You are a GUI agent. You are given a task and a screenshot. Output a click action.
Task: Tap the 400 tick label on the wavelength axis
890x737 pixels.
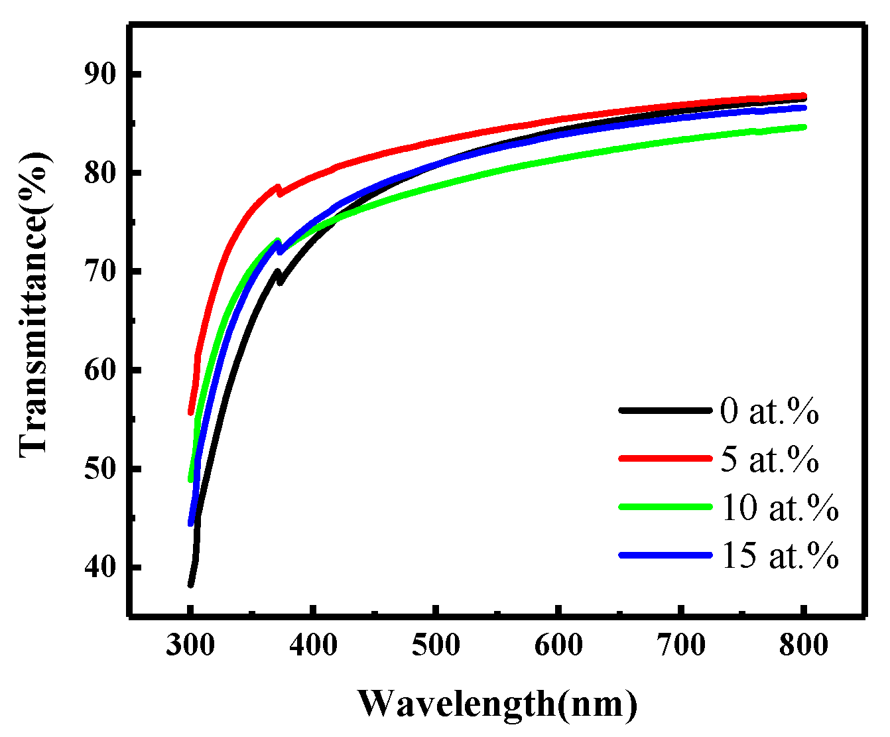pos(312,645)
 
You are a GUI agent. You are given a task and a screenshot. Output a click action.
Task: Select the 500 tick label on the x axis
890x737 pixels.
pos(435,645)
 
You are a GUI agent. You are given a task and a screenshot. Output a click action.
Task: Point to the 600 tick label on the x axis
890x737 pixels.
pos(558,645)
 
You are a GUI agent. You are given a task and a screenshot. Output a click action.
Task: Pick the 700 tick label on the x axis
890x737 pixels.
pos(680,645)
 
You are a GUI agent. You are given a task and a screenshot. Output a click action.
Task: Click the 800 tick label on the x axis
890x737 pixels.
pos(803,645)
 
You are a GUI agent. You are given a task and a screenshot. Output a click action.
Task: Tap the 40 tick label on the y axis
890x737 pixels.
pos(99,568)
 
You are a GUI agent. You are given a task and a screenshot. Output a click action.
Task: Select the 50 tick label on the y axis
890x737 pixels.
pos(99,469)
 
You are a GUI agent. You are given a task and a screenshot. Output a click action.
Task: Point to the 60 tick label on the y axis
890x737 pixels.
pos(99,370)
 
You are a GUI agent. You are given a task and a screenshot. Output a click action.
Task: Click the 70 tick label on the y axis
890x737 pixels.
pos(99,271)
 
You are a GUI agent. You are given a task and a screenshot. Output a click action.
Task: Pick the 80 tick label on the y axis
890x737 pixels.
pos(99,172)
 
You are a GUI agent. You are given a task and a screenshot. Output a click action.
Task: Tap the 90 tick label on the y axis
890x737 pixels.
pos(99,74)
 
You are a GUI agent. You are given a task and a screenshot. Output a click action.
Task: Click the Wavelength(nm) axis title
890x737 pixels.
pos(497,704)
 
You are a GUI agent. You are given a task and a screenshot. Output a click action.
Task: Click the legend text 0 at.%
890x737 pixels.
pos(769,412)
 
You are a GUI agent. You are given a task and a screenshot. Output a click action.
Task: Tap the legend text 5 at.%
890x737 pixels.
pos(769,460)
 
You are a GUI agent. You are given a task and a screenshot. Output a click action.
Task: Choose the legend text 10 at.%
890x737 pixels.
pos(779,508)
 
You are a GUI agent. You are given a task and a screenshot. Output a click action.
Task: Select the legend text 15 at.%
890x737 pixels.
pos(779,556)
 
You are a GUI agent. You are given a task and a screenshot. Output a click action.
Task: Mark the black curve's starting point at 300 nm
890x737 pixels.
pos(190,584)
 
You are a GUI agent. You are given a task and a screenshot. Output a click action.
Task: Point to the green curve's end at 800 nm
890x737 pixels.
pos(803,127)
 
